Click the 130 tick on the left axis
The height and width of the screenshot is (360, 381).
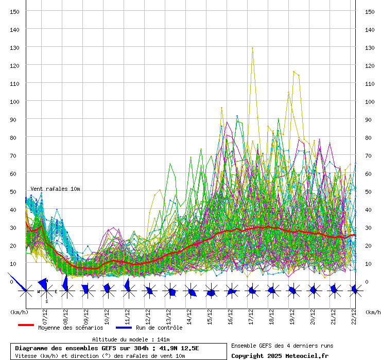click(15, 47)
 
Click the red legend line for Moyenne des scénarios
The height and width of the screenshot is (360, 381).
click(26, 326)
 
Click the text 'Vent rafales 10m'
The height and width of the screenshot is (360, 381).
click(55, 189)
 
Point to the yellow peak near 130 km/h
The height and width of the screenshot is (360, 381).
click(252, 48)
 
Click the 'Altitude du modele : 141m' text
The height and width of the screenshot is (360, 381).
click(131, 339)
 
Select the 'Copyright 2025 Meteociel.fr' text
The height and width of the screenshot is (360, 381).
click(280, 355)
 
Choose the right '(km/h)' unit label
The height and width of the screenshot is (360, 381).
click(373, 312)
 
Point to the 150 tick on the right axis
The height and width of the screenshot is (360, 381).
click(370, 11)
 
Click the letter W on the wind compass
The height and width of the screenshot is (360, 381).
click(38, 292)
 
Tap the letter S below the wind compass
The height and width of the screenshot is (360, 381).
click(46, 301)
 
